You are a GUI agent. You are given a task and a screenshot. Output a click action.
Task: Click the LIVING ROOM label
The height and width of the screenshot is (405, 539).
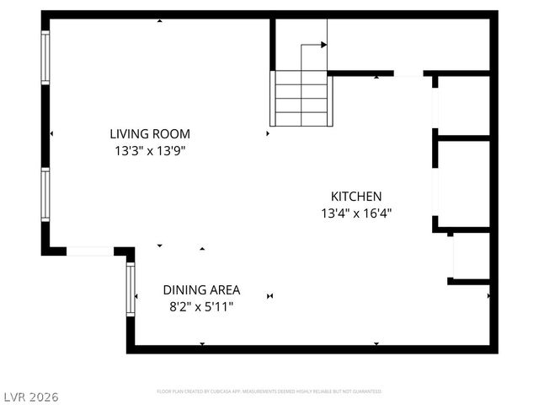point(150,133)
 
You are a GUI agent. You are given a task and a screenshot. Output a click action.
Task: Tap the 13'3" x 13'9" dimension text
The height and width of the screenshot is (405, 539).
point(150,151)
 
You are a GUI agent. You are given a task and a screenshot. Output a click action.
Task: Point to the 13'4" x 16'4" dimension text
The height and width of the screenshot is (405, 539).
point(356,213)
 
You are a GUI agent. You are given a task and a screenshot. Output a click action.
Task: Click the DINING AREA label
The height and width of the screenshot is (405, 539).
point(201,289)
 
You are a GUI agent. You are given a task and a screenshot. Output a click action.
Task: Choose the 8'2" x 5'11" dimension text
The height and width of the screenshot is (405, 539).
point(201,307)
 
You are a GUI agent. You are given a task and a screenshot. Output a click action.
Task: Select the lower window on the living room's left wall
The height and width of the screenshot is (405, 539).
point(45,194)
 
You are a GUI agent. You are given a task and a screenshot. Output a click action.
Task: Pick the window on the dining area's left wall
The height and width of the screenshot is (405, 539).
point(131,289)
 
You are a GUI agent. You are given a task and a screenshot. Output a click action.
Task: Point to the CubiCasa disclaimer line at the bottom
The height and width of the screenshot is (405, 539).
point(269,391)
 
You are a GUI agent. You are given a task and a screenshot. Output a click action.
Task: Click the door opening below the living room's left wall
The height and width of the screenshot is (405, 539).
point(90,251)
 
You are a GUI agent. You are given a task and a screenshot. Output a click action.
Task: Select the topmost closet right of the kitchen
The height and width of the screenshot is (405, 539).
point(462,105)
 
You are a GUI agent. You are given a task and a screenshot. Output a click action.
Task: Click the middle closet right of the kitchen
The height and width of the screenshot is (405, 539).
point(462,181)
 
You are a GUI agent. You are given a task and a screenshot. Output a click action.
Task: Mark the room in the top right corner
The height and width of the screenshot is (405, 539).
point(408,44)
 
